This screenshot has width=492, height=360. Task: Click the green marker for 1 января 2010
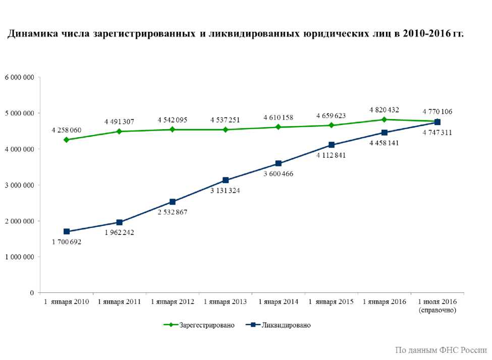coord(67,140)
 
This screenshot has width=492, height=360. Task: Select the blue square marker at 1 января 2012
coord(173,202)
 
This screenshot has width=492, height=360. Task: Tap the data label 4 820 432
coord(385,109)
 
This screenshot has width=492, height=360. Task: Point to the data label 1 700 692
coord(67,242)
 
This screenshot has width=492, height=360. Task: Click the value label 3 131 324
coord(226,190)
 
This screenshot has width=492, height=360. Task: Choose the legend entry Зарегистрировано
coord(206,325)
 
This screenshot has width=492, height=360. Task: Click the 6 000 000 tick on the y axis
coord(20,77)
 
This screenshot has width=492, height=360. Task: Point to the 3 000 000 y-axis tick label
coord(20,185)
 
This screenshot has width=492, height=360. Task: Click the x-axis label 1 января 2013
coord(226,302)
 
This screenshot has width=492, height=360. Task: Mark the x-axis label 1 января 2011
coord(120,302)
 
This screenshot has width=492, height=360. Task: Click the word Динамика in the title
coord(31,34)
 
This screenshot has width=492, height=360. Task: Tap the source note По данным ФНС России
coord(441,350)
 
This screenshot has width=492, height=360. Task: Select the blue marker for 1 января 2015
coord(332,145)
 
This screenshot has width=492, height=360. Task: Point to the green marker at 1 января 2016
coord(385,119)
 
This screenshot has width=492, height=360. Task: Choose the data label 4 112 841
coord(332,155)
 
